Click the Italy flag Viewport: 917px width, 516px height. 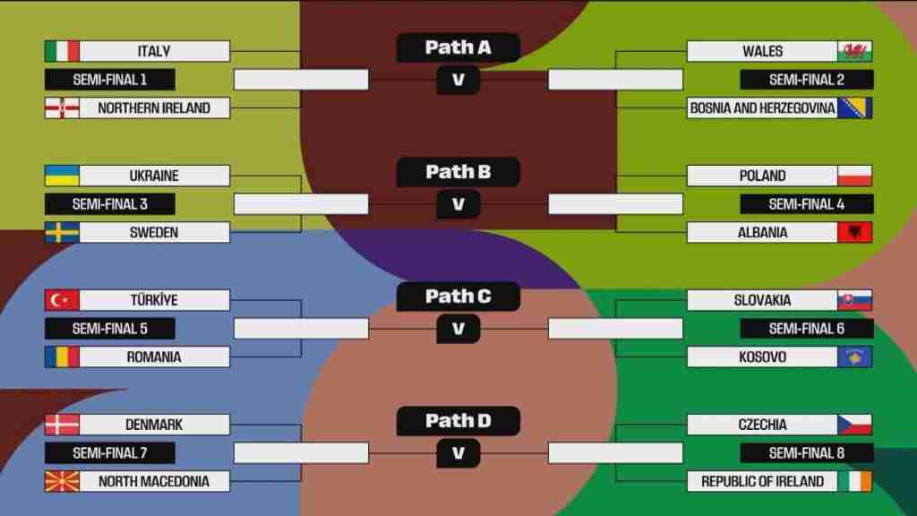coord(62,51)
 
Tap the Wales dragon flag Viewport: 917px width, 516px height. coord(854,51)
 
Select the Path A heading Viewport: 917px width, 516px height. coord(458,47)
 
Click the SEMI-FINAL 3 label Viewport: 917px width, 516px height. coord(110,204)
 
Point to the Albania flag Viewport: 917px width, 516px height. coord(854,232)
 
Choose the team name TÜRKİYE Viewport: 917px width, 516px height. coord(154,300)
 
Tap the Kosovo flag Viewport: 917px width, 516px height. coord(854,357)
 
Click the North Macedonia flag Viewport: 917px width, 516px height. coord(62,481)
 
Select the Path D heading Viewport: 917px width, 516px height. coord(458,421)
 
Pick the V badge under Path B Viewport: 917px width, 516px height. coord(458,204)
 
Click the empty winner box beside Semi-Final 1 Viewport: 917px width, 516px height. coord(301,80)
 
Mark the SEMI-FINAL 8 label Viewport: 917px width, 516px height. coord(807,452)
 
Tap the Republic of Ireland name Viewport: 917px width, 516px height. coord(763,481)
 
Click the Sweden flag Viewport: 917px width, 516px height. coord(62,232)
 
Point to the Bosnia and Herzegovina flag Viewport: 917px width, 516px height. coord(854,107)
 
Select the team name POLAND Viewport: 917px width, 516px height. coord(763,176)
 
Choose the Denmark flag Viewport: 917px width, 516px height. coord(62,425)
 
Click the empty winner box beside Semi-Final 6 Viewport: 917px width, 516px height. coord(615,329)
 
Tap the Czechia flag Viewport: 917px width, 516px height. coord(854,425)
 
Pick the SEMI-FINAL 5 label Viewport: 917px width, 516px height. coord(110,329)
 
